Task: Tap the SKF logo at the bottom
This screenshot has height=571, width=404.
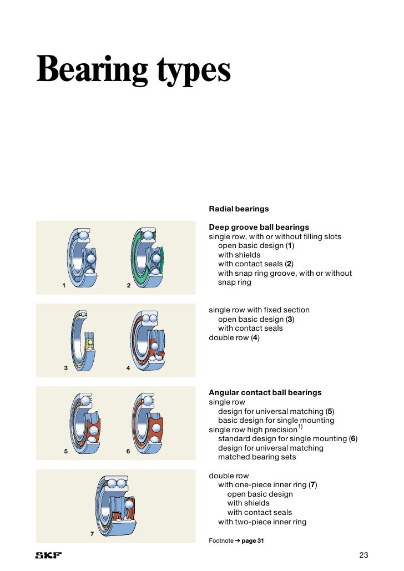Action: pos(48,555)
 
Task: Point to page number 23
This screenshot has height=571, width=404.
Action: pos(363,555)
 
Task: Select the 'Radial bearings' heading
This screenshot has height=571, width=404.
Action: pos(239,209)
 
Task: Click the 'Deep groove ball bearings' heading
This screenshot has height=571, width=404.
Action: pos(259,227)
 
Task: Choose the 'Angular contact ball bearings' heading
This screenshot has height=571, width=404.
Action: pos(265,392)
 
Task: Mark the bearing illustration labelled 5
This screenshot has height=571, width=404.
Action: pos(84,423)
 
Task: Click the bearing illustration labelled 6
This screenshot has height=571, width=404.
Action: pos(148,423)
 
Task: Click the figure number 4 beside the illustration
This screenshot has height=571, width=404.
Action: pos(128,368)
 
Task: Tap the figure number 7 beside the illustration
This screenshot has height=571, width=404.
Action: pos(92,534)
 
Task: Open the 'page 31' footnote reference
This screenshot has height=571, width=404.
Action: pos(252,541)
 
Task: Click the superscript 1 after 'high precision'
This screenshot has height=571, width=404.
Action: pos(300,427)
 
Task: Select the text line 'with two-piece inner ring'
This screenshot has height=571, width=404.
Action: pos(262,522)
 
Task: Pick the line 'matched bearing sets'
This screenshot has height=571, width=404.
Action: pos(257,457)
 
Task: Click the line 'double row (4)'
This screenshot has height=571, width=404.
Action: pos(234,337)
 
